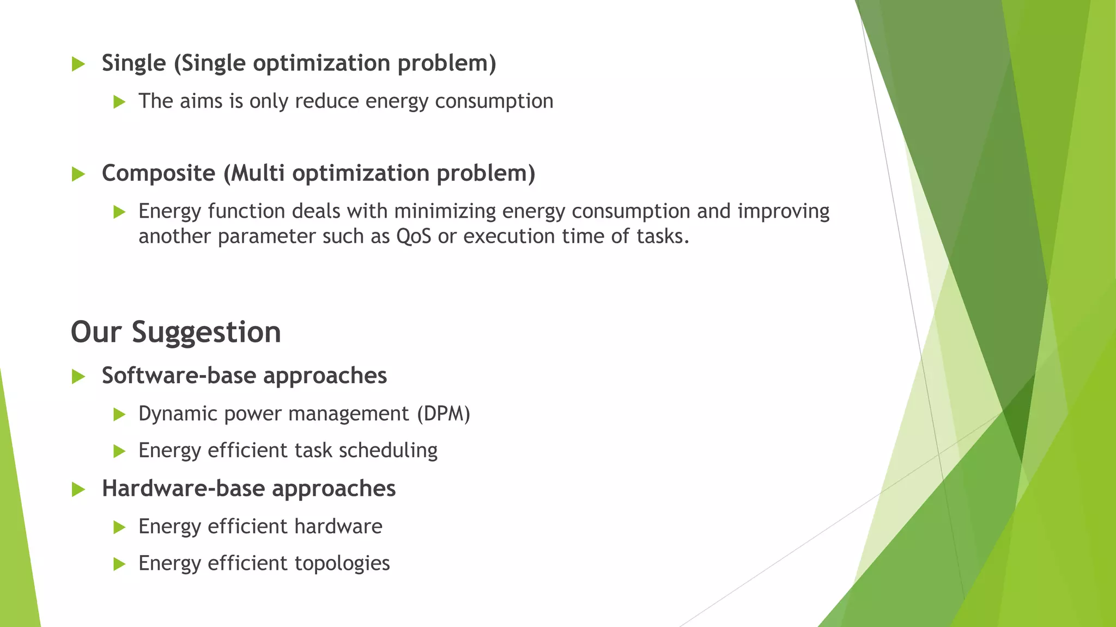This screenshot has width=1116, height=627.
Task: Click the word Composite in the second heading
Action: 159,174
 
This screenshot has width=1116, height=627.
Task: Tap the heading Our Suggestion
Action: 176,332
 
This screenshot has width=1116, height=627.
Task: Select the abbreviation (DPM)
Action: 444,414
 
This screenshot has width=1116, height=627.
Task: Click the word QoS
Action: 414,236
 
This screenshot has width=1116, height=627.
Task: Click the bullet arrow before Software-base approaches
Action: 78,377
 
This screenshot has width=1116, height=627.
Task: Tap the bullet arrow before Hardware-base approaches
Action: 78,490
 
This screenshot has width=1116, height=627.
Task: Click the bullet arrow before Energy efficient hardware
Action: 119,527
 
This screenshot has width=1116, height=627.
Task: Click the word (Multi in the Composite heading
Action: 254,174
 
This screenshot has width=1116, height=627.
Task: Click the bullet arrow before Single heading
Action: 78,64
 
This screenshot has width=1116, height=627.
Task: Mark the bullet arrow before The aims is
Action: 119,102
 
